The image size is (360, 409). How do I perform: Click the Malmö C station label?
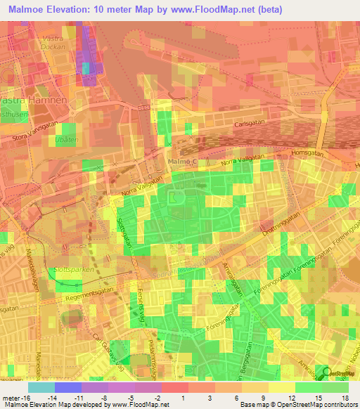(x=186, y=162)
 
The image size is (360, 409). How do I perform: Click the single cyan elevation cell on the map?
(x=86, y=68)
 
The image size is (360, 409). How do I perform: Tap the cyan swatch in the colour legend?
(x=41, y=387)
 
